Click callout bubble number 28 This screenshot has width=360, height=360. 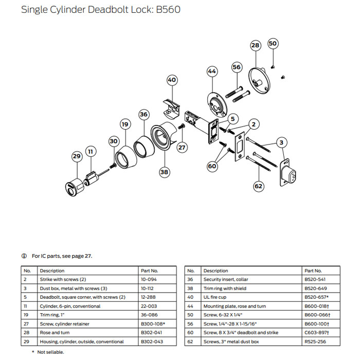(256, 46)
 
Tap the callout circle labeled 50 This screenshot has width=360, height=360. (273, 44)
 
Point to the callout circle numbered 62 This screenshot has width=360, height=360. (259, 186)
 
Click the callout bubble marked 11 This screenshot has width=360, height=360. (91, 152)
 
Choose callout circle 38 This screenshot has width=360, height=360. (164, 172)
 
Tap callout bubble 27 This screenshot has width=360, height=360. (182, 147)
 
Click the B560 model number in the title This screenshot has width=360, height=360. (166, 10)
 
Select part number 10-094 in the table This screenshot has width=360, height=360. (150, 279)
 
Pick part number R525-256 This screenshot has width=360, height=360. (314, 341)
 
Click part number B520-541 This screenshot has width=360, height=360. (314, 279)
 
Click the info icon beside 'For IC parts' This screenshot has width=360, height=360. (24, 256)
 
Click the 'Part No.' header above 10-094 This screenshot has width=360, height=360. (150, 271)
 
